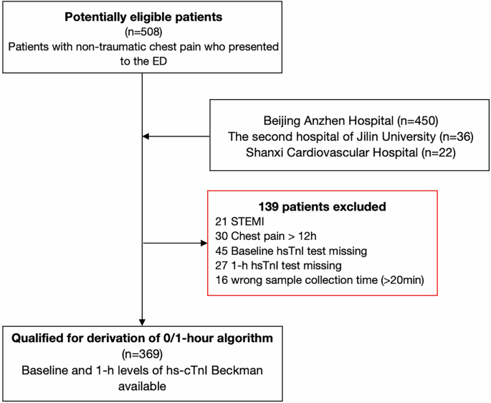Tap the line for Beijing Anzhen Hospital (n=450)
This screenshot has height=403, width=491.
point(350,120)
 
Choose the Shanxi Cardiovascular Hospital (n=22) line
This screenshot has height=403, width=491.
point(350,152)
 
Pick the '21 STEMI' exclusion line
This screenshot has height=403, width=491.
point(241,221)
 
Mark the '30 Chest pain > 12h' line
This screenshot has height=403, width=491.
point(264,236)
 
